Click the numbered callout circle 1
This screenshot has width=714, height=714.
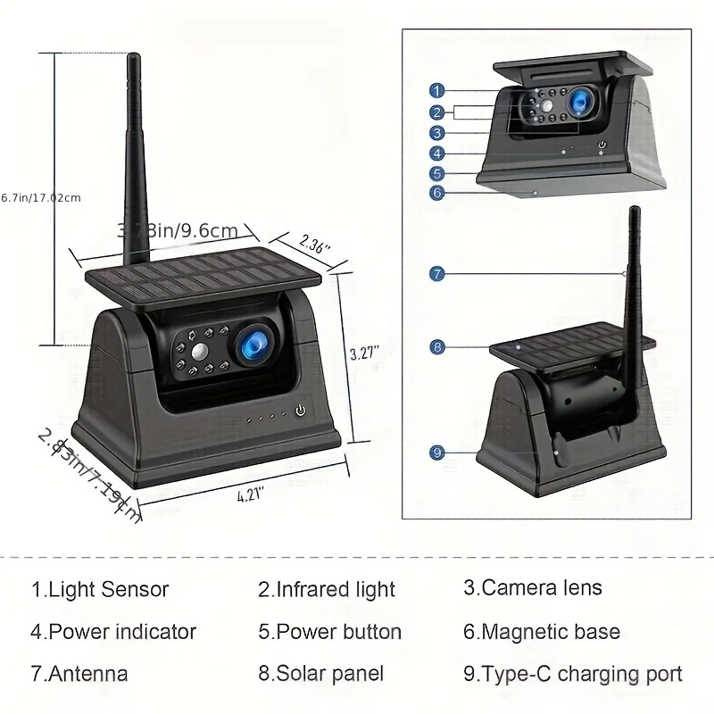pyautogui.click(x=436, y=90)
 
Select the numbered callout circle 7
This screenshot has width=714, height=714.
pyautogui.click(x=436, y=274)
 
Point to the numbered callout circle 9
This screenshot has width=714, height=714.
pyautogui.click(x=436, y=452)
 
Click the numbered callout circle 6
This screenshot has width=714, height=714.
pyautogui.click(x=436, y=192)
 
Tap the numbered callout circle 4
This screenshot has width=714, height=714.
pyautogui.click(x=436, y=153)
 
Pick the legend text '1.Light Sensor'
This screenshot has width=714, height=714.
pyautogui.click(x=99, y=589)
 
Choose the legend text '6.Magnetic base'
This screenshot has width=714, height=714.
pyautogui.click(x=541, y=632)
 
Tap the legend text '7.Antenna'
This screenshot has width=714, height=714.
pyautogui.click(x=79, y=674)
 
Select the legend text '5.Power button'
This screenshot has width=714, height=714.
pyautogui.click(x=329, y=632)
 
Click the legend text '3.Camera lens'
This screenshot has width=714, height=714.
pyautogui.click(x=532, y=588)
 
